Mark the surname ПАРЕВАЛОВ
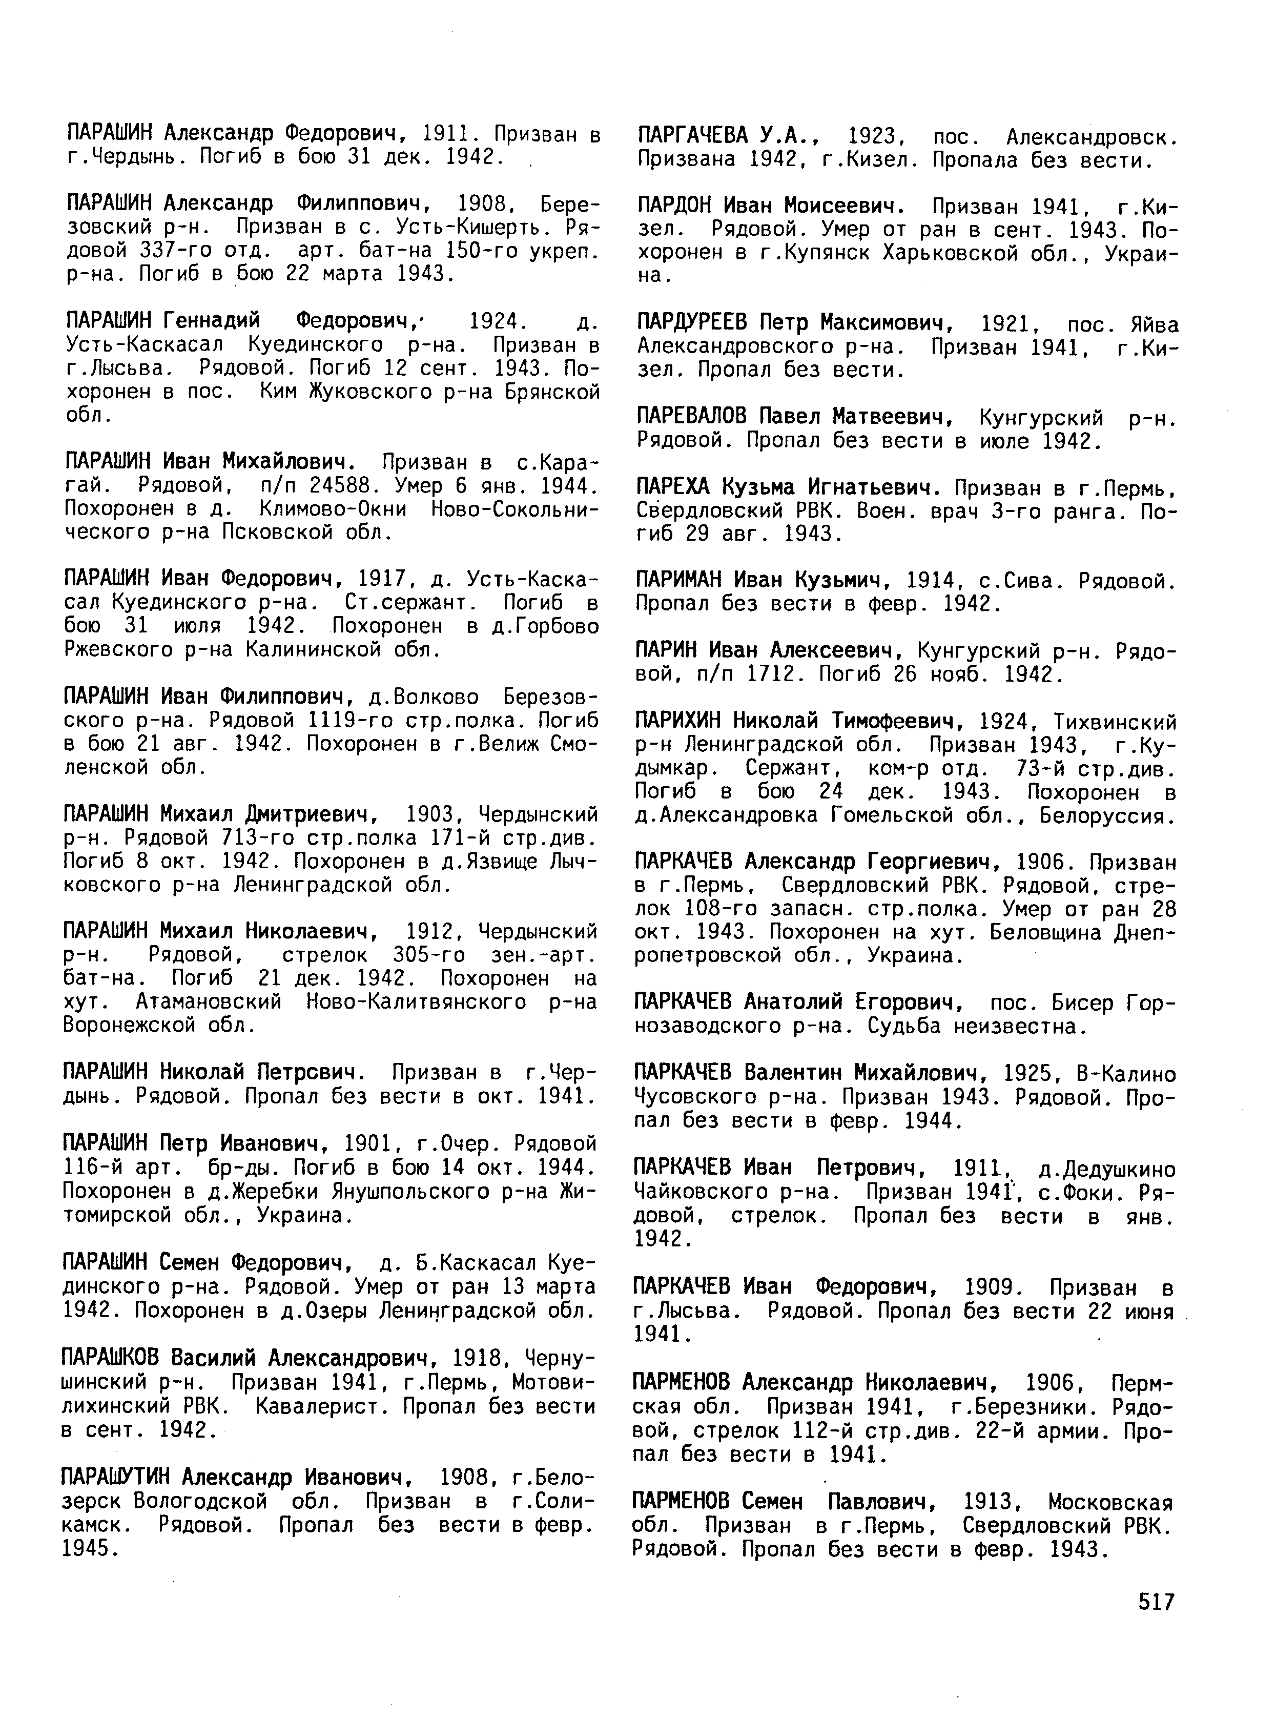pos(692,417)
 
